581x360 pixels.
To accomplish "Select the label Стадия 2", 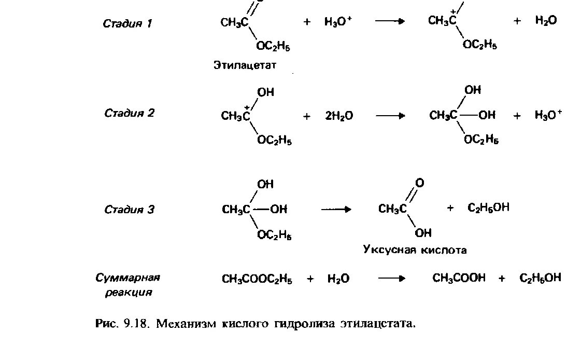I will (129, 113).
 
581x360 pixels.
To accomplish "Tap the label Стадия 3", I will (129, 210).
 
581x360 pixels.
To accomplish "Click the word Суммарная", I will (128, 278).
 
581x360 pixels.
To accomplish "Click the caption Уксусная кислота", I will (415, 250).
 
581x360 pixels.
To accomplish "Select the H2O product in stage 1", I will (546, 21).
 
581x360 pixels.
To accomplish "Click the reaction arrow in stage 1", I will (389, 22).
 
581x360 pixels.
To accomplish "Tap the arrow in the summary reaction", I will (391, 279).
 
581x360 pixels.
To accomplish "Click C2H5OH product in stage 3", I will (488, 207).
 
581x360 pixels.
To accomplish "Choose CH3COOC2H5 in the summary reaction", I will (257, 279).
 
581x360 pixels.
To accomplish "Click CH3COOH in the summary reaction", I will (459, 278).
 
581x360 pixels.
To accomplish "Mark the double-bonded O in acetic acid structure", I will (420, 183).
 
